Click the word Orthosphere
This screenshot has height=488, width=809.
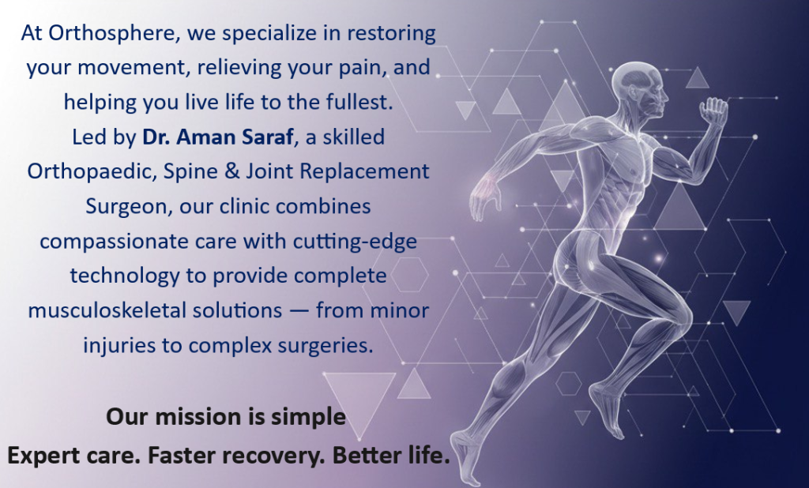(x=113, y=33)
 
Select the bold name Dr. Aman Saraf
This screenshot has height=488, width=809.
(x=218, y=137)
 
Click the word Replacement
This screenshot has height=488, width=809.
(x=364, y=172)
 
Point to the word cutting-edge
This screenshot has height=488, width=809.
(x=355, y=242)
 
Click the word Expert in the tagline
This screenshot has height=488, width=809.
(x=39, y=456)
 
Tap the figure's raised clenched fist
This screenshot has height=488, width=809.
(x=714, y=111)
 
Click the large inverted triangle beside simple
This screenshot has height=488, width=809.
(x=359, y=397)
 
